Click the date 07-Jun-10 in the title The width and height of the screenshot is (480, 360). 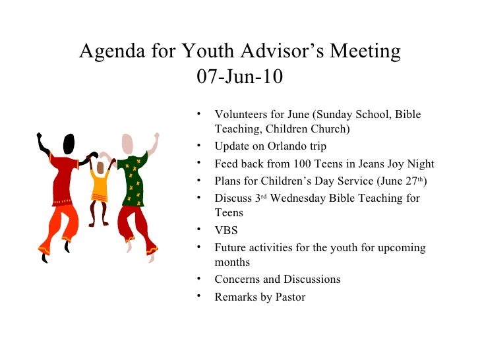click(240, 77)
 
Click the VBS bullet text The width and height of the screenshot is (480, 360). click(226, 231)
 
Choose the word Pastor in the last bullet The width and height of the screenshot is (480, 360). click(291, 297)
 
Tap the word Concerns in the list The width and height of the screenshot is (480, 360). click(237, 280)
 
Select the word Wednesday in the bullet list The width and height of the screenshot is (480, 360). click(296, 198)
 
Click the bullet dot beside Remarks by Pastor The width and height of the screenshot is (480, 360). click(198, 296)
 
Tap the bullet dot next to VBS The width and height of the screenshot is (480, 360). click(198, 229)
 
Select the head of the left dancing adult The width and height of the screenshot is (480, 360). click(68, 143)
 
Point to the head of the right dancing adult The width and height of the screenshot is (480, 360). click(127, 144)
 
